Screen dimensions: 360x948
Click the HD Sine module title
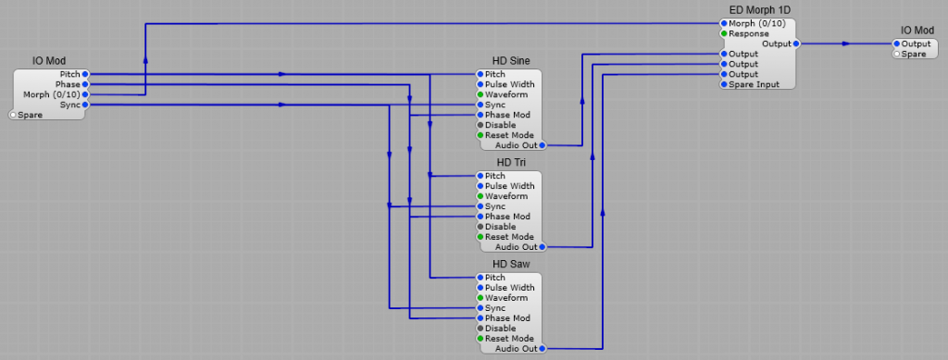pyautogui.click(x=511, y=61)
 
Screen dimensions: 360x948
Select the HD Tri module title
pyautogui.click(x=511, y=163)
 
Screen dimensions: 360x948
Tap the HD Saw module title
pyautogui.click(x=511, y=265)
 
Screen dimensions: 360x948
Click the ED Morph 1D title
pyautogui.click(x=759, y=10)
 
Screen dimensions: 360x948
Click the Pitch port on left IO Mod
pyautogui.click(x=85, y=74)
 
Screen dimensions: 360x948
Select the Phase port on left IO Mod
pyautogui.click(x=85, y=84)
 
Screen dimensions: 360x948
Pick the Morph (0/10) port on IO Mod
pyautogui.click(x=85, y=94)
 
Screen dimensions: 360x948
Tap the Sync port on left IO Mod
pyautogui.click(x=85, y=105)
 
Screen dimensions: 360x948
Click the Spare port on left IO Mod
pyautogui.click(x=13, y=115)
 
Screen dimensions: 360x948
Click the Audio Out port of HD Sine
pyautogui.click(x=542, y=145)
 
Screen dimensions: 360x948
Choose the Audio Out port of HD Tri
pyautogui.click(x=542, y=247)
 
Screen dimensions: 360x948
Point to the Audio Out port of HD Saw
pyautogui.click(x=542, y=349)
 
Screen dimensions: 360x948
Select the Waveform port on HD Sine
pyautogui.click(x=480, y=94)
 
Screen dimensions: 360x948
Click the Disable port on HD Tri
pyautogui.click(x=480, y=227)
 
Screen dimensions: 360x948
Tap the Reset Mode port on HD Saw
pyautogui.click(x=480, y=339)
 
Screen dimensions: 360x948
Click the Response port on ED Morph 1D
pyautogui.click(x=724, y=33)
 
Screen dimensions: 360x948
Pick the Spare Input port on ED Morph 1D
pyautogui.click(x=724, y=84)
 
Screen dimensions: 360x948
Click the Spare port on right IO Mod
pyautogui.click(x=896, y=54)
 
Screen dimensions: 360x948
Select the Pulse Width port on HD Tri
pyautogui.click(x=480, y=186)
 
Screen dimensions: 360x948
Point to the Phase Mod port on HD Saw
pyautogui.click(x=480, y=318)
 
